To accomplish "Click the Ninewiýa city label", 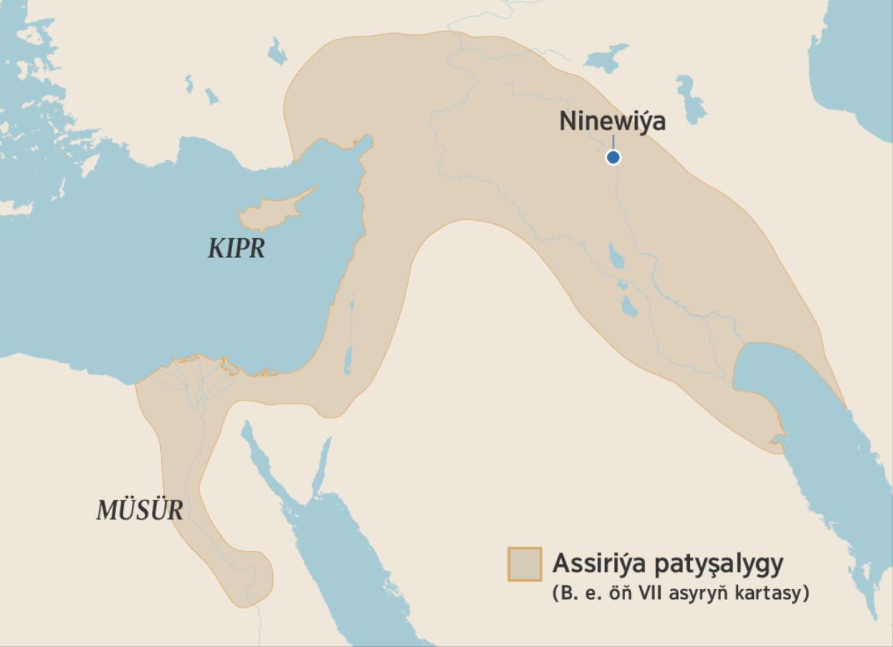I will pos(612,121).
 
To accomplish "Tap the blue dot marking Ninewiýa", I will pos(613,157).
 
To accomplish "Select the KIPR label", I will pos(236,249).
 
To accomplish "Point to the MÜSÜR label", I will pos(139,511).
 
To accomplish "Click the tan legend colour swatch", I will pos(524,564).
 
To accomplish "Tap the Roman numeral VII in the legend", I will pos(643,596).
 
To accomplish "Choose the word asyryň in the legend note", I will pos(695,596).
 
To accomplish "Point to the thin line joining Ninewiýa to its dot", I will pos(613,143).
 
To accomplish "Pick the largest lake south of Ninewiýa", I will pos(616,256).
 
